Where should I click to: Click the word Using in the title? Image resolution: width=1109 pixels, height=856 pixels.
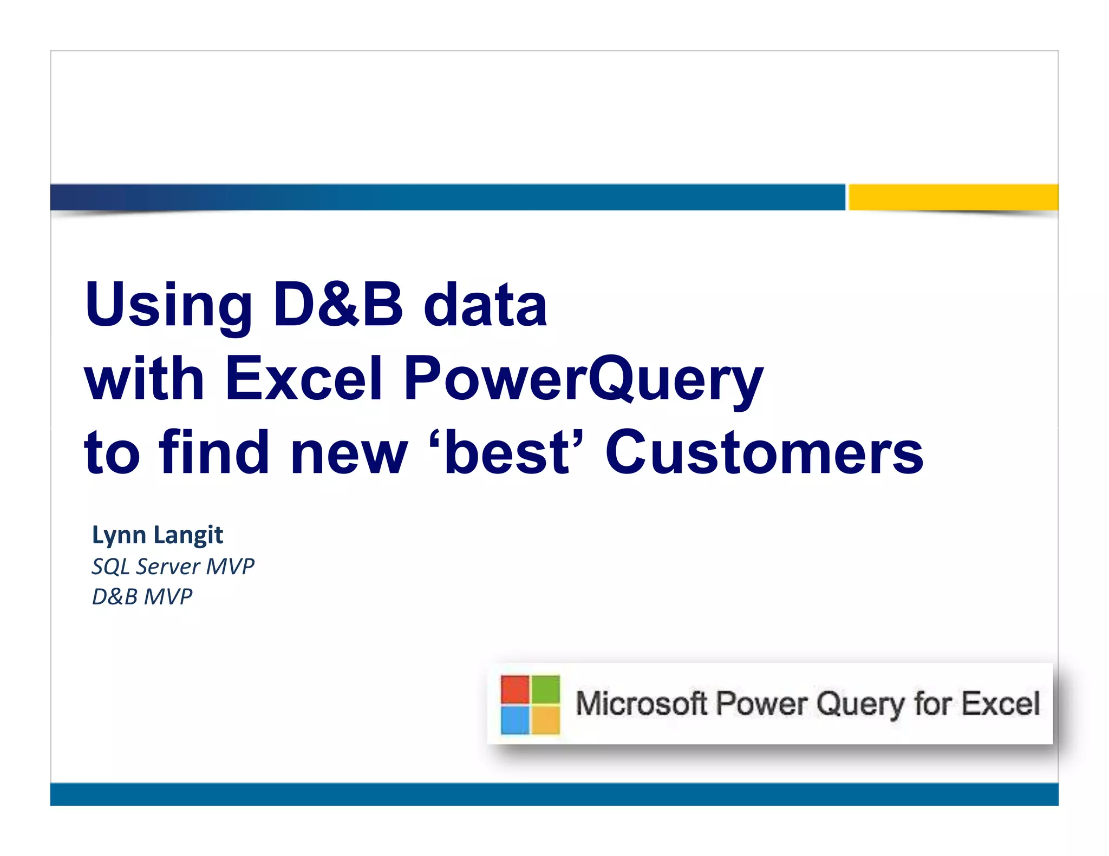point(168,306)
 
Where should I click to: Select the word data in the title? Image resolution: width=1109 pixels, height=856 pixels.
point(485,306)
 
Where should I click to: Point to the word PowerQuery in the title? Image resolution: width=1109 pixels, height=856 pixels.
point(583,380)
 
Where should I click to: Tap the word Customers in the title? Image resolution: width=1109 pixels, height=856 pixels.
point(764,453)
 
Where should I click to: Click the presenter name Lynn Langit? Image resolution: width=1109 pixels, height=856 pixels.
point(158,535)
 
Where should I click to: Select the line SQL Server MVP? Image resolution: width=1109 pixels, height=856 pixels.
point(173,567)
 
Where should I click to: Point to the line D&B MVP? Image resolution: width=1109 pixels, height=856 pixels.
point(142,597)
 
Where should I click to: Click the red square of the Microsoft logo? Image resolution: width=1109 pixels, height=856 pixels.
point(514,689)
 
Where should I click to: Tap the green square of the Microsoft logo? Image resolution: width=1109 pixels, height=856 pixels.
point(546,689)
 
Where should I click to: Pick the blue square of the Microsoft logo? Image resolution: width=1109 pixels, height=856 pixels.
point(514,720)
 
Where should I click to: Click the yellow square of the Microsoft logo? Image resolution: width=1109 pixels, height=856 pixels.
point(546,720)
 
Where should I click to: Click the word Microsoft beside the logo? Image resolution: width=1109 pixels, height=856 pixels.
point(641,704)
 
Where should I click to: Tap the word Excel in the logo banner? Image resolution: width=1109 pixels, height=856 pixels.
point(1001,704)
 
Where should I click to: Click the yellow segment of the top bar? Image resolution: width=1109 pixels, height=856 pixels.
point(953,197)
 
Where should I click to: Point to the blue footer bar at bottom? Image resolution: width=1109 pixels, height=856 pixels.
point(554,794)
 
